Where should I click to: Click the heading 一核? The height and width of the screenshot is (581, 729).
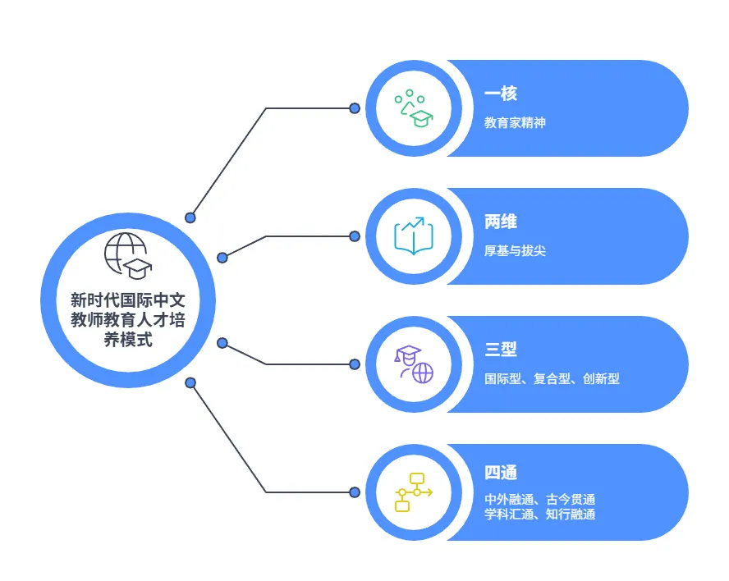[x=501, y=94]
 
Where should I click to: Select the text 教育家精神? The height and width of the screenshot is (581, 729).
[x=515, y=123]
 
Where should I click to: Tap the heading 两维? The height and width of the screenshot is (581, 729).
[x=501, y=222]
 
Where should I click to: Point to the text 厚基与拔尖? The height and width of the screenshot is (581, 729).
[x=515, y=251]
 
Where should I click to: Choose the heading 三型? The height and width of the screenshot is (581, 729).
[x=501, y=350]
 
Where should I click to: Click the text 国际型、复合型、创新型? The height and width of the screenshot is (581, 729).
[x=552, y=379]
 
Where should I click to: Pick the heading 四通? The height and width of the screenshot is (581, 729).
[x=501, y=473]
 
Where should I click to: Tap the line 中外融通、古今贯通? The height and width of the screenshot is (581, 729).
[x=539, y=499]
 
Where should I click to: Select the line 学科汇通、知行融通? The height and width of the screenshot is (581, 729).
[x=539, y=515]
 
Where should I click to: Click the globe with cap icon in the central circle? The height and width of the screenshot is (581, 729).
[x=126, y=256]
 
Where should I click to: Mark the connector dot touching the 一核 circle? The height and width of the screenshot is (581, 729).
[x=355, y=108]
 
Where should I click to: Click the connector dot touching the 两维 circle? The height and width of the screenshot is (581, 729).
[x=355, y=236]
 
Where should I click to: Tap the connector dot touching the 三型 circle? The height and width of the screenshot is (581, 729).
[x=355, y=364]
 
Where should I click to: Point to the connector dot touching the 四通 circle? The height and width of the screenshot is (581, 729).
[x=355, y=492]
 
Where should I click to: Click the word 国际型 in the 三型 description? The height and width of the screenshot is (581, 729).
[x=502, y=379]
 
